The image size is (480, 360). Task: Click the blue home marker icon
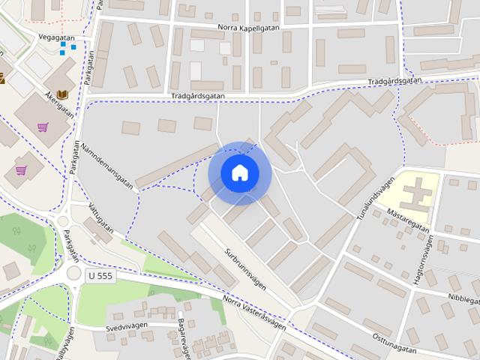point(238,173)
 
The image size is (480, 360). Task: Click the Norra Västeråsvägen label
point(255,311)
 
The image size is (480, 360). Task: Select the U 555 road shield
point(100,276)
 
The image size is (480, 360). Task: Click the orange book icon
point(62,94)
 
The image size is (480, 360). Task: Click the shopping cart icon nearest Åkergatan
point(43,127)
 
